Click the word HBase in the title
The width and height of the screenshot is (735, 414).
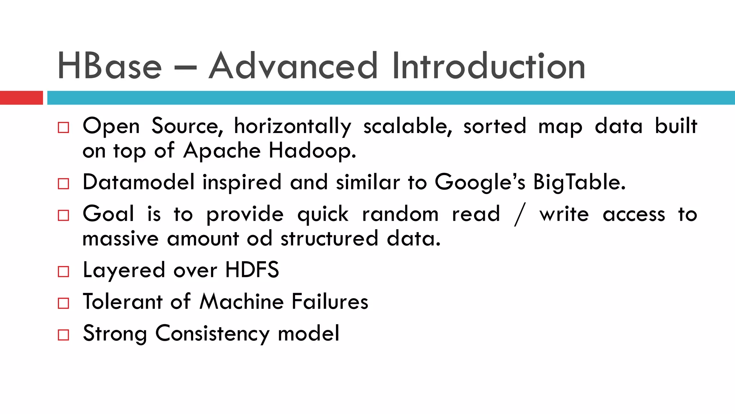(109, 66)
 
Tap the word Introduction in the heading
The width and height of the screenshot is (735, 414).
(488, 66)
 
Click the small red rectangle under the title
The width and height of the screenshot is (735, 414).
(21, 98)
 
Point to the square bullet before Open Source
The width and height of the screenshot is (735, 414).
(64, 128)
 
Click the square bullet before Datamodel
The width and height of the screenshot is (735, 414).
(64, 184)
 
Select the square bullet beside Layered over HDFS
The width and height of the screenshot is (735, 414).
(64, 271)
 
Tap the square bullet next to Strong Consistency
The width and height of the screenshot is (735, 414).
(64, 335)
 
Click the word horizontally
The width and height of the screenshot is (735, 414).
(292, 126)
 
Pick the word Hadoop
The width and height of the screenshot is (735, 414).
(312, 151)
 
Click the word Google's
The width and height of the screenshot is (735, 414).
(480, 182)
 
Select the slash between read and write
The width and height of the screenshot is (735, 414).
(520, 215)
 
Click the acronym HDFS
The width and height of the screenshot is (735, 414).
(252, 270)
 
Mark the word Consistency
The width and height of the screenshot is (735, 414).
(212, 333)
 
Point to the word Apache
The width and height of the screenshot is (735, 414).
(222, 151)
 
